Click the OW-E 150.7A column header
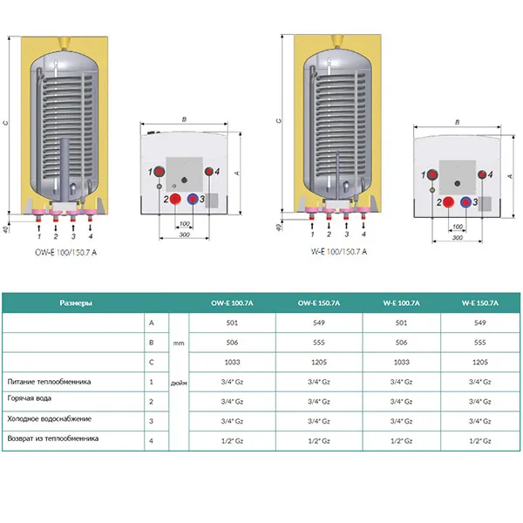click(x=319, y=302)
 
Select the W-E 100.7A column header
click(x=402, y=302)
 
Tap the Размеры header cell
click(x=76, y=302)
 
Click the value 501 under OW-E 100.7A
click(x=232, y=323)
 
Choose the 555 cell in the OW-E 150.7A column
click(x=319, y=343)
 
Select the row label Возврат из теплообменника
click(x=52, y=439)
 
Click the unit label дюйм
click(x=179, y=382)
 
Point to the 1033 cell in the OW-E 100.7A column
click(x=232, y=362)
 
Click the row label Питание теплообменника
click(x=48, y=382)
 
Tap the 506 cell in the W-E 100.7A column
click(x=402, y=343)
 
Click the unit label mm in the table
click(x=179, y=343)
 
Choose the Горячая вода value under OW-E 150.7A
click(x=319, y=401)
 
